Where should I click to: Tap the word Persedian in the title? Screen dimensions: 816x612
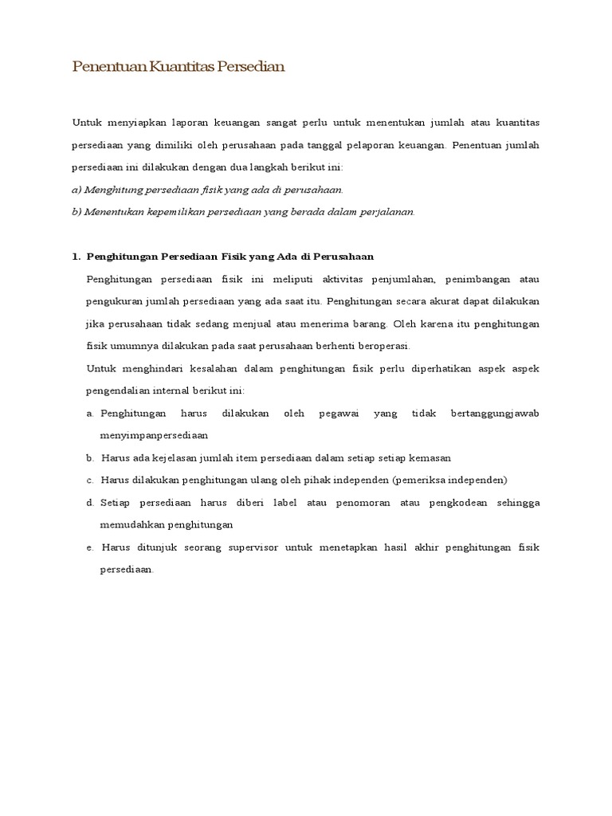pyautogui.click(x=251, y=68)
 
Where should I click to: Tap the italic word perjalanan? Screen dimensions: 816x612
pyautogui.click(x=387, y=212)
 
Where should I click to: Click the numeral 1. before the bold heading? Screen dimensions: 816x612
pyautogui.click(x=76, y=257)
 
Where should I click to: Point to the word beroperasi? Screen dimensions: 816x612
pyautogui.click(x=382, y=346)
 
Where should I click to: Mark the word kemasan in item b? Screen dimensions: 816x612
pyautogui.click(x=430, y=458)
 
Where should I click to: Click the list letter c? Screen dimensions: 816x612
pyautogui.click(x=89, y=481)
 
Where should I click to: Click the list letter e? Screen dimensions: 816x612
pyautogui.click(x=89, y=547)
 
